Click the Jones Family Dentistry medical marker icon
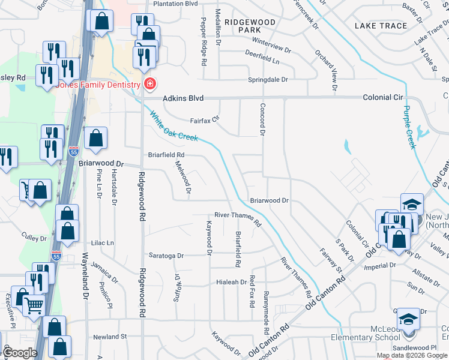click(149, 85)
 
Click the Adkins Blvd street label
click(183, 98)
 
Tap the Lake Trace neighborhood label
click(381, 26)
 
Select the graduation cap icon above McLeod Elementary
click(409, 319)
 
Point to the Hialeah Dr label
click(231, 282)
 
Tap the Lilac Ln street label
click(102, 243)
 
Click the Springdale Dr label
click(269, 79)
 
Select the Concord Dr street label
click(262, 119)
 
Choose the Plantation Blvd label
click(175, 4)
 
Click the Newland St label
click(110, 337)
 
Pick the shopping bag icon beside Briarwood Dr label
click(96, 138)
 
